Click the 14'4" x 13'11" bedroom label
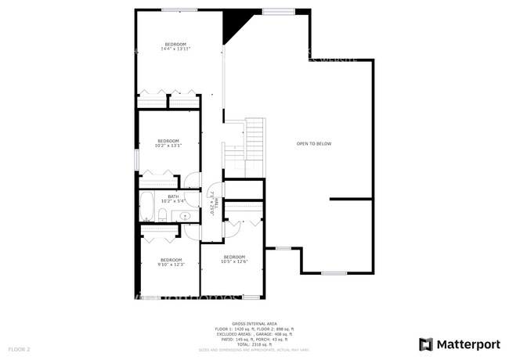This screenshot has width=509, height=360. click(175, 46)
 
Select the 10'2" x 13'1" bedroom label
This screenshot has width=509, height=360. click(168, 142)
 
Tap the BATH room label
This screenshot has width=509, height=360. click(172, 199)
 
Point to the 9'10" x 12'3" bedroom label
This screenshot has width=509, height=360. click(171, 262)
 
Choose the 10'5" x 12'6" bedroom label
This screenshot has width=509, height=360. click(235, 260)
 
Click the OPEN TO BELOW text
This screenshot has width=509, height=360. click(314, 144)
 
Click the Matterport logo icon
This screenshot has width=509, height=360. click(427, 344)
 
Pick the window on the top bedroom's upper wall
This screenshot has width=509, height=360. click(179, 10)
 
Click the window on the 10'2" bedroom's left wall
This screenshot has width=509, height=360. click(137, 159)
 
